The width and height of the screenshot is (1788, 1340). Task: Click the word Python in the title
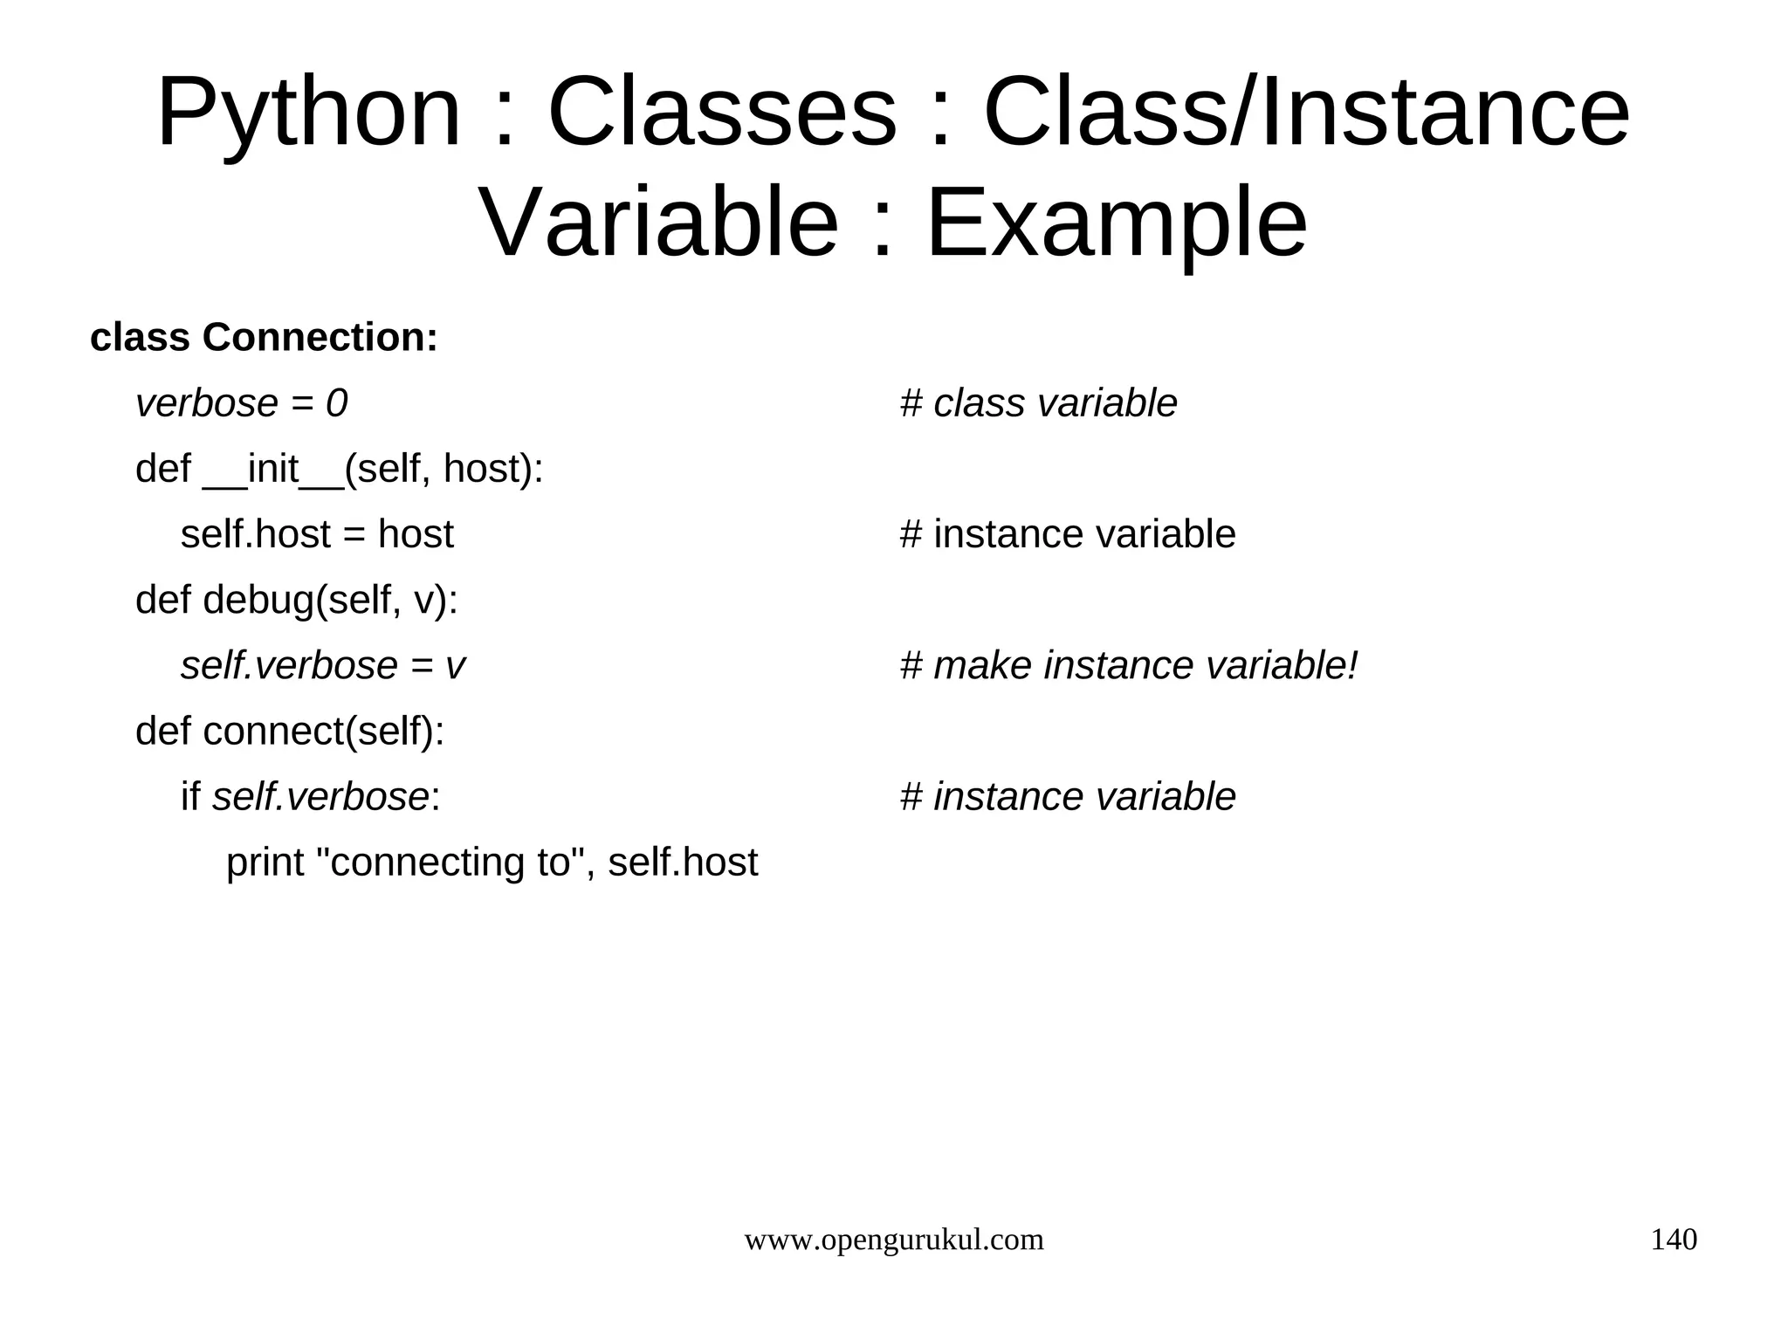pyautogui.click(x=308, y=114)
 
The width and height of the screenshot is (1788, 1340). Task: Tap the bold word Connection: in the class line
pyautogui.click(x=320, y=338)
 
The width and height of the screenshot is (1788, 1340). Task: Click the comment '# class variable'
pyautogui.click(x=1038, y=403)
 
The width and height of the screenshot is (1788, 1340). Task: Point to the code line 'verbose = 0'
pyautogui.click(x=241, y=403)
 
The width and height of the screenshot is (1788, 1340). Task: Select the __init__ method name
pyautogui.click(x=273, y=470)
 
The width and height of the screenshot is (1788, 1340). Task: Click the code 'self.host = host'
pyautogui.click(x=317, y=534)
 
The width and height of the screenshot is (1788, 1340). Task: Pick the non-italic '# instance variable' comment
pyautogui.click(x=1067, y=534)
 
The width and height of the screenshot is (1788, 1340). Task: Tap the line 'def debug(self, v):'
pyautogui.click(x=297, y=601)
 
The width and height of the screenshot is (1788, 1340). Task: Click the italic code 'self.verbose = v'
pyautogui.click(x=322, y=666)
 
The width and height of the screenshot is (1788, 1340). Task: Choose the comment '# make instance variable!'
pyautogui.click(x=1129, y=666)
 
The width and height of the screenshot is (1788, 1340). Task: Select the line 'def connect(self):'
pyautogui.click(x=290, y=732)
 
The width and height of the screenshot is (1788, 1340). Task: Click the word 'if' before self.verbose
pyautogui.click(x=190, y=797)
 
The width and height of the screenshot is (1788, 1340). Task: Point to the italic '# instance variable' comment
pyautogui.click(x=1067, y=797)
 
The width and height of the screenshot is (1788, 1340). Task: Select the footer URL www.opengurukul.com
pyautogui.click(x=893, y=1240)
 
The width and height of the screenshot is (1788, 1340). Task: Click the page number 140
pyautogui.click(x=1673, y=1240)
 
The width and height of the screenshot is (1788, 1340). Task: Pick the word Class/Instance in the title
pyautogui.click(x=1306, y=114)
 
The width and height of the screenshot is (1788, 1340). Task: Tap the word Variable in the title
pyautogui.click(x=659, y=223)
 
